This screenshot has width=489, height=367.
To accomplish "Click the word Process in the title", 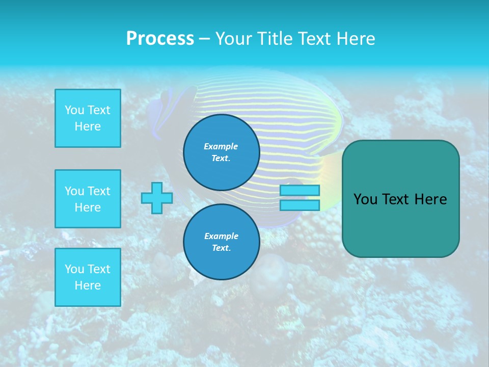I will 160,39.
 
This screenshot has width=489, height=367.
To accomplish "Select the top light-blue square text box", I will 88,118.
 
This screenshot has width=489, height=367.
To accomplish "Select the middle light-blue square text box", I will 88,199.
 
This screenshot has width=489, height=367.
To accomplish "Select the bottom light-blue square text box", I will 88,277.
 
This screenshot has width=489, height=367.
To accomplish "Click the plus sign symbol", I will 157,198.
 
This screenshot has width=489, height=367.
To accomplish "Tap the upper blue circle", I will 222,152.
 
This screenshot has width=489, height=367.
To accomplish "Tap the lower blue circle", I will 222,242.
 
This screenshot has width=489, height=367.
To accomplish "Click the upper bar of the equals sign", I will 300,191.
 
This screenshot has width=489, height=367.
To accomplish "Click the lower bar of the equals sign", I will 300,205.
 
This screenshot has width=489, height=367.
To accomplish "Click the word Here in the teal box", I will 430,199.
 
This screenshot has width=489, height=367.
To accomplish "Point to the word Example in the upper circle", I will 221,146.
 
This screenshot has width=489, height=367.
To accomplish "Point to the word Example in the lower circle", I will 221,236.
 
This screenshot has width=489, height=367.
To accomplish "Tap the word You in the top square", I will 74,110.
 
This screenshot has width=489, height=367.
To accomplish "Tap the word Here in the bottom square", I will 88,285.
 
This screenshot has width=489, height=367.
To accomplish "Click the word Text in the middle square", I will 98,191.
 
